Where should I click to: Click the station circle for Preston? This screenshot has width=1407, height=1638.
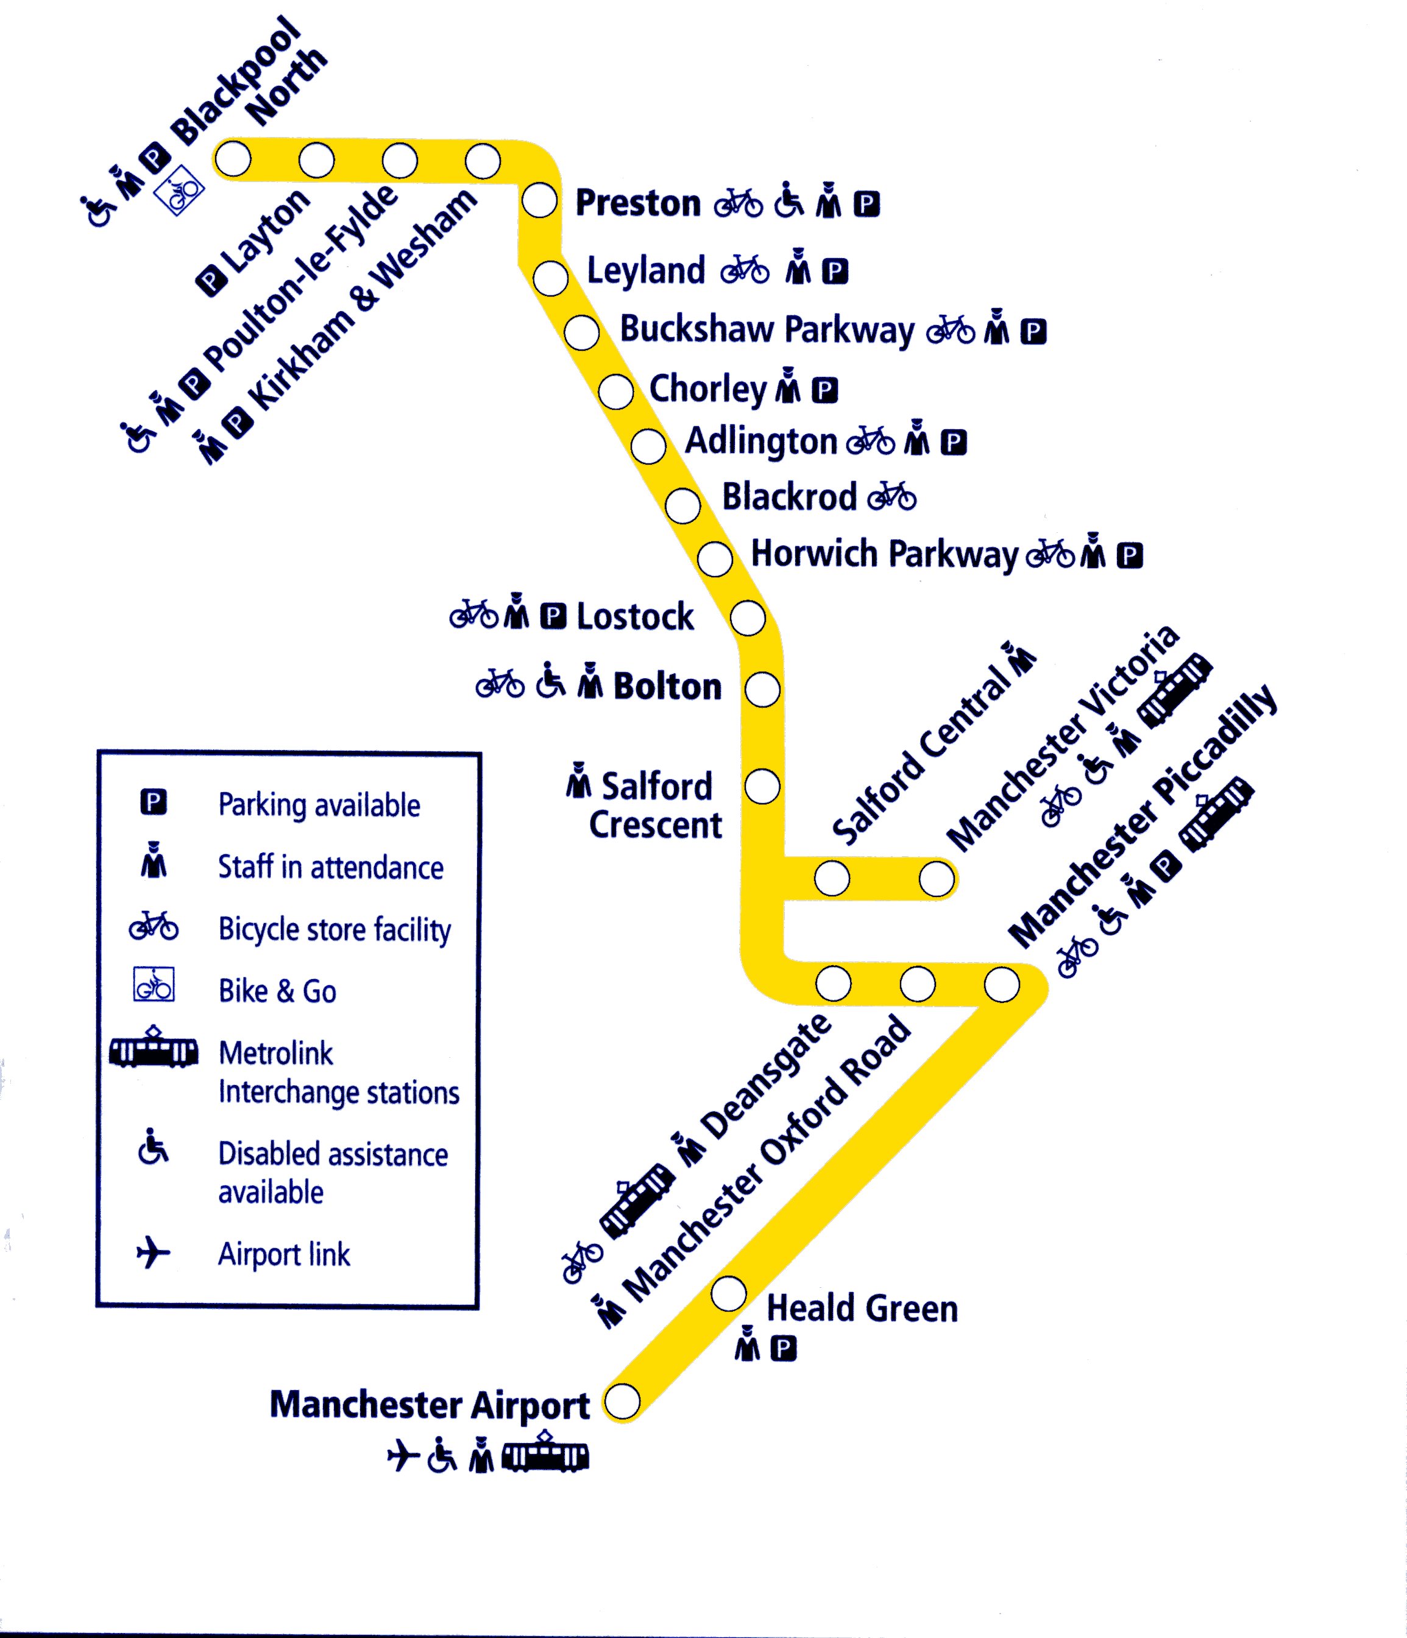tap(540, 200)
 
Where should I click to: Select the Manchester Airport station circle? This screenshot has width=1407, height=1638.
tap(622, 1402)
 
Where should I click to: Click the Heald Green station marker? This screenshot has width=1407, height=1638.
tap(728, 1293)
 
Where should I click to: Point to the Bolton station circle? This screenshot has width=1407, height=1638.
tap(762, 689)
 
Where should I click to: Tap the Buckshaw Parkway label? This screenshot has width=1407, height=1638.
tap(767, 329)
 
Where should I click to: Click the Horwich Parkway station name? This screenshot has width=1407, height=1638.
tap(884, 554)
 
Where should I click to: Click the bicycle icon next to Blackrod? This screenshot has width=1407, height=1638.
tap(892, 497)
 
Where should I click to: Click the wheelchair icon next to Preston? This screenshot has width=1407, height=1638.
tap(788, 201)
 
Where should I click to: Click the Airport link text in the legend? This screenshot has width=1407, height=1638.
tap(284, 1254)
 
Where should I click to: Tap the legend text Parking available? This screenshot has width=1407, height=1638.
tap(319, 805)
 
